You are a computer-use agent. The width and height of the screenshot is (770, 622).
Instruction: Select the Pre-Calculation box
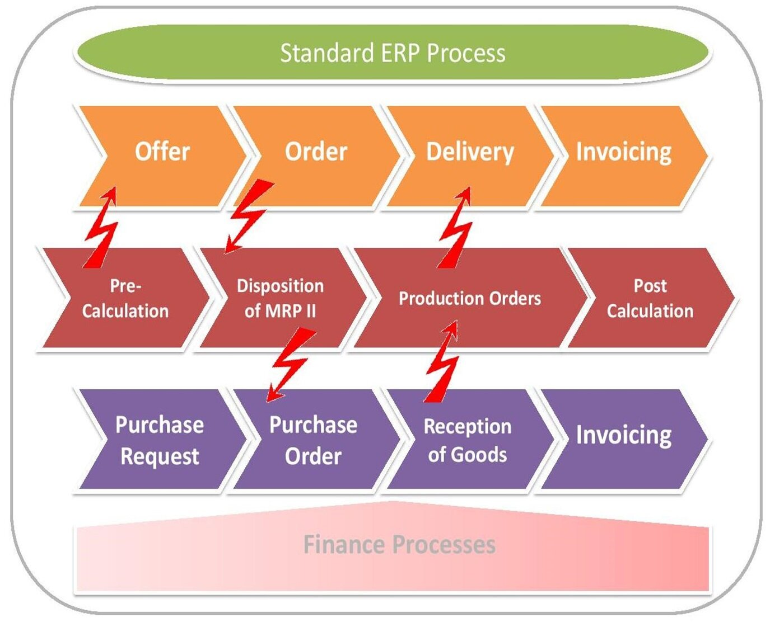pos(125,299)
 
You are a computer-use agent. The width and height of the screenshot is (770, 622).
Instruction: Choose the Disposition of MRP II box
pos(280,299)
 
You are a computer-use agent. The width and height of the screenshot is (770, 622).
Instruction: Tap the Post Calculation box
pos(650,299)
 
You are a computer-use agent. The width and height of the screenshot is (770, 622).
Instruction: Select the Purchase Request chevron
pos(160,440)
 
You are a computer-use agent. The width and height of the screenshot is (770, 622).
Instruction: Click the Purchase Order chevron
pos(314,440)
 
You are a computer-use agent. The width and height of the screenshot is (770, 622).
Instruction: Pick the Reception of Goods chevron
pos(468,440)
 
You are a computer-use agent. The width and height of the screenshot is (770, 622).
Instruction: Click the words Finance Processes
pos(399,545)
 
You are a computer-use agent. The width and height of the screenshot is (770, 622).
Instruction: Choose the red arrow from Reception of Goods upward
pos(442,364)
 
